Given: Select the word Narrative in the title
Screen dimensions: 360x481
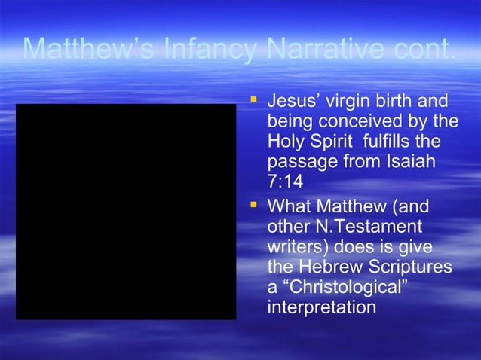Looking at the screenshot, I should pyautogui.click(x=329, y=49).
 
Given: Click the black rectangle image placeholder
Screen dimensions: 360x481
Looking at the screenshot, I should pyautogui.click(x=126, y=212).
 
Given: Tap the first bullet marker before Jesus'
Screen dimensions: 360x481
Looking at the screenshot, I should pyautogui.click(x=254, y=99).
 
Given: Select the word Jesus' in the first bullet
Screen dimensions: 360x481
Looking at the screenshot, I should pyautogui.click(x=293, y=101).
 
